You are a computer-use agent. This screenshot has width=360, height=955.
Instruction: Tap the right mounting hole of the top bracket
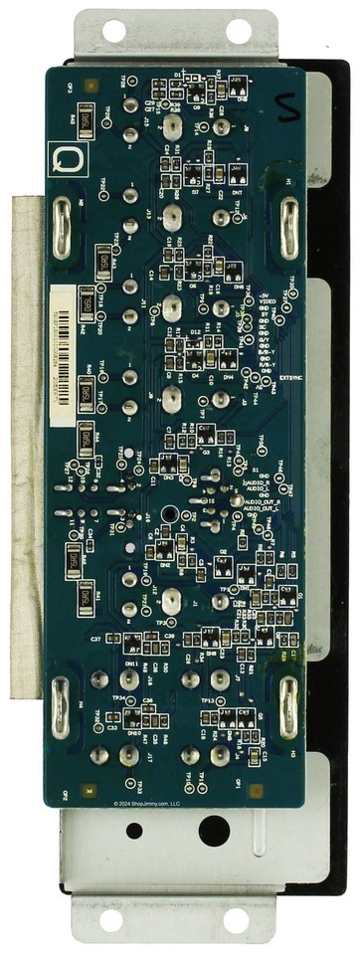(240, 30)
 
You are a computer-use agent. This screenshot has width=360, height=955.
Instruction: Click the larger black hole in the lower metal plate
(212, 831)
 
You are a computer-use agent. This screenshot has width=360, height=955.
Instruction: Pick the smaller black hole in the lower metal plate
(134, 831)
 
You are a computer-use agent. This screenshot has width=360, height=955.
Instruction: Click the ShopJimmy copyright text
(145, 803)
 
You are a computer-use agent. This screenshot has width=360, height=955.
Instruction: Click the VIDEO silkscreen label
(270, 302)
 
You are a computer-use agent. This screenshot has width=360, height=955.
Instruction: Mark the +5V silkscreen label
(265, 295)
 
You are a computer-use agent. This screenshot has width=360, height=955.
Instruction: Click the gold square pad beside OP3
(90, 86)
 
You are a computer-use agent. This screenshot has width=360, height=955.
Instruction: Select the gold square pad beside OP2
(91, 789)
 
